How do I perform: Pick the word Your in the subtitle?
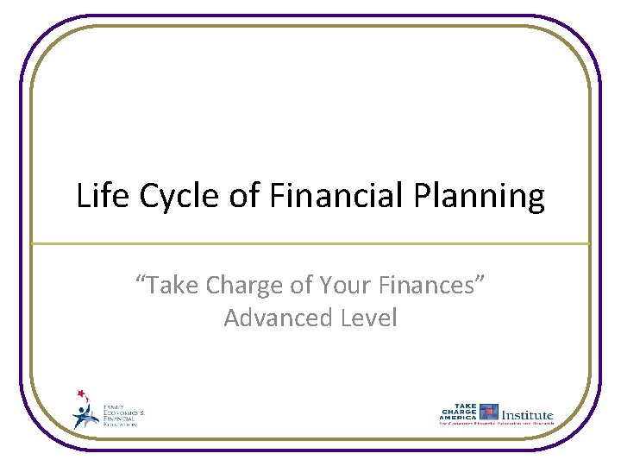[x=345, y=285]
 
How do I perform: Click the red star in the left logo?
[x=82, y=394]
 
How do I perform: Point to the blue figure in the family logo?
[x=85, y=416]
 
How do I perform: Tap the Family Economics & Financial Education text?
[x=124, y=414]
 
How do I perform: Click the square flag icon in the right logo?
[x=489, y=412]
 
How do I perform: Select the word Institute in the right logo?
[x=528, y=414]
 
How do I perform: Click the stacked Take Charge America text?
[x=459, y=412]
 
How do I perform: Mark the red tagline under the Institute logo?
[x=497, y=425]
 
